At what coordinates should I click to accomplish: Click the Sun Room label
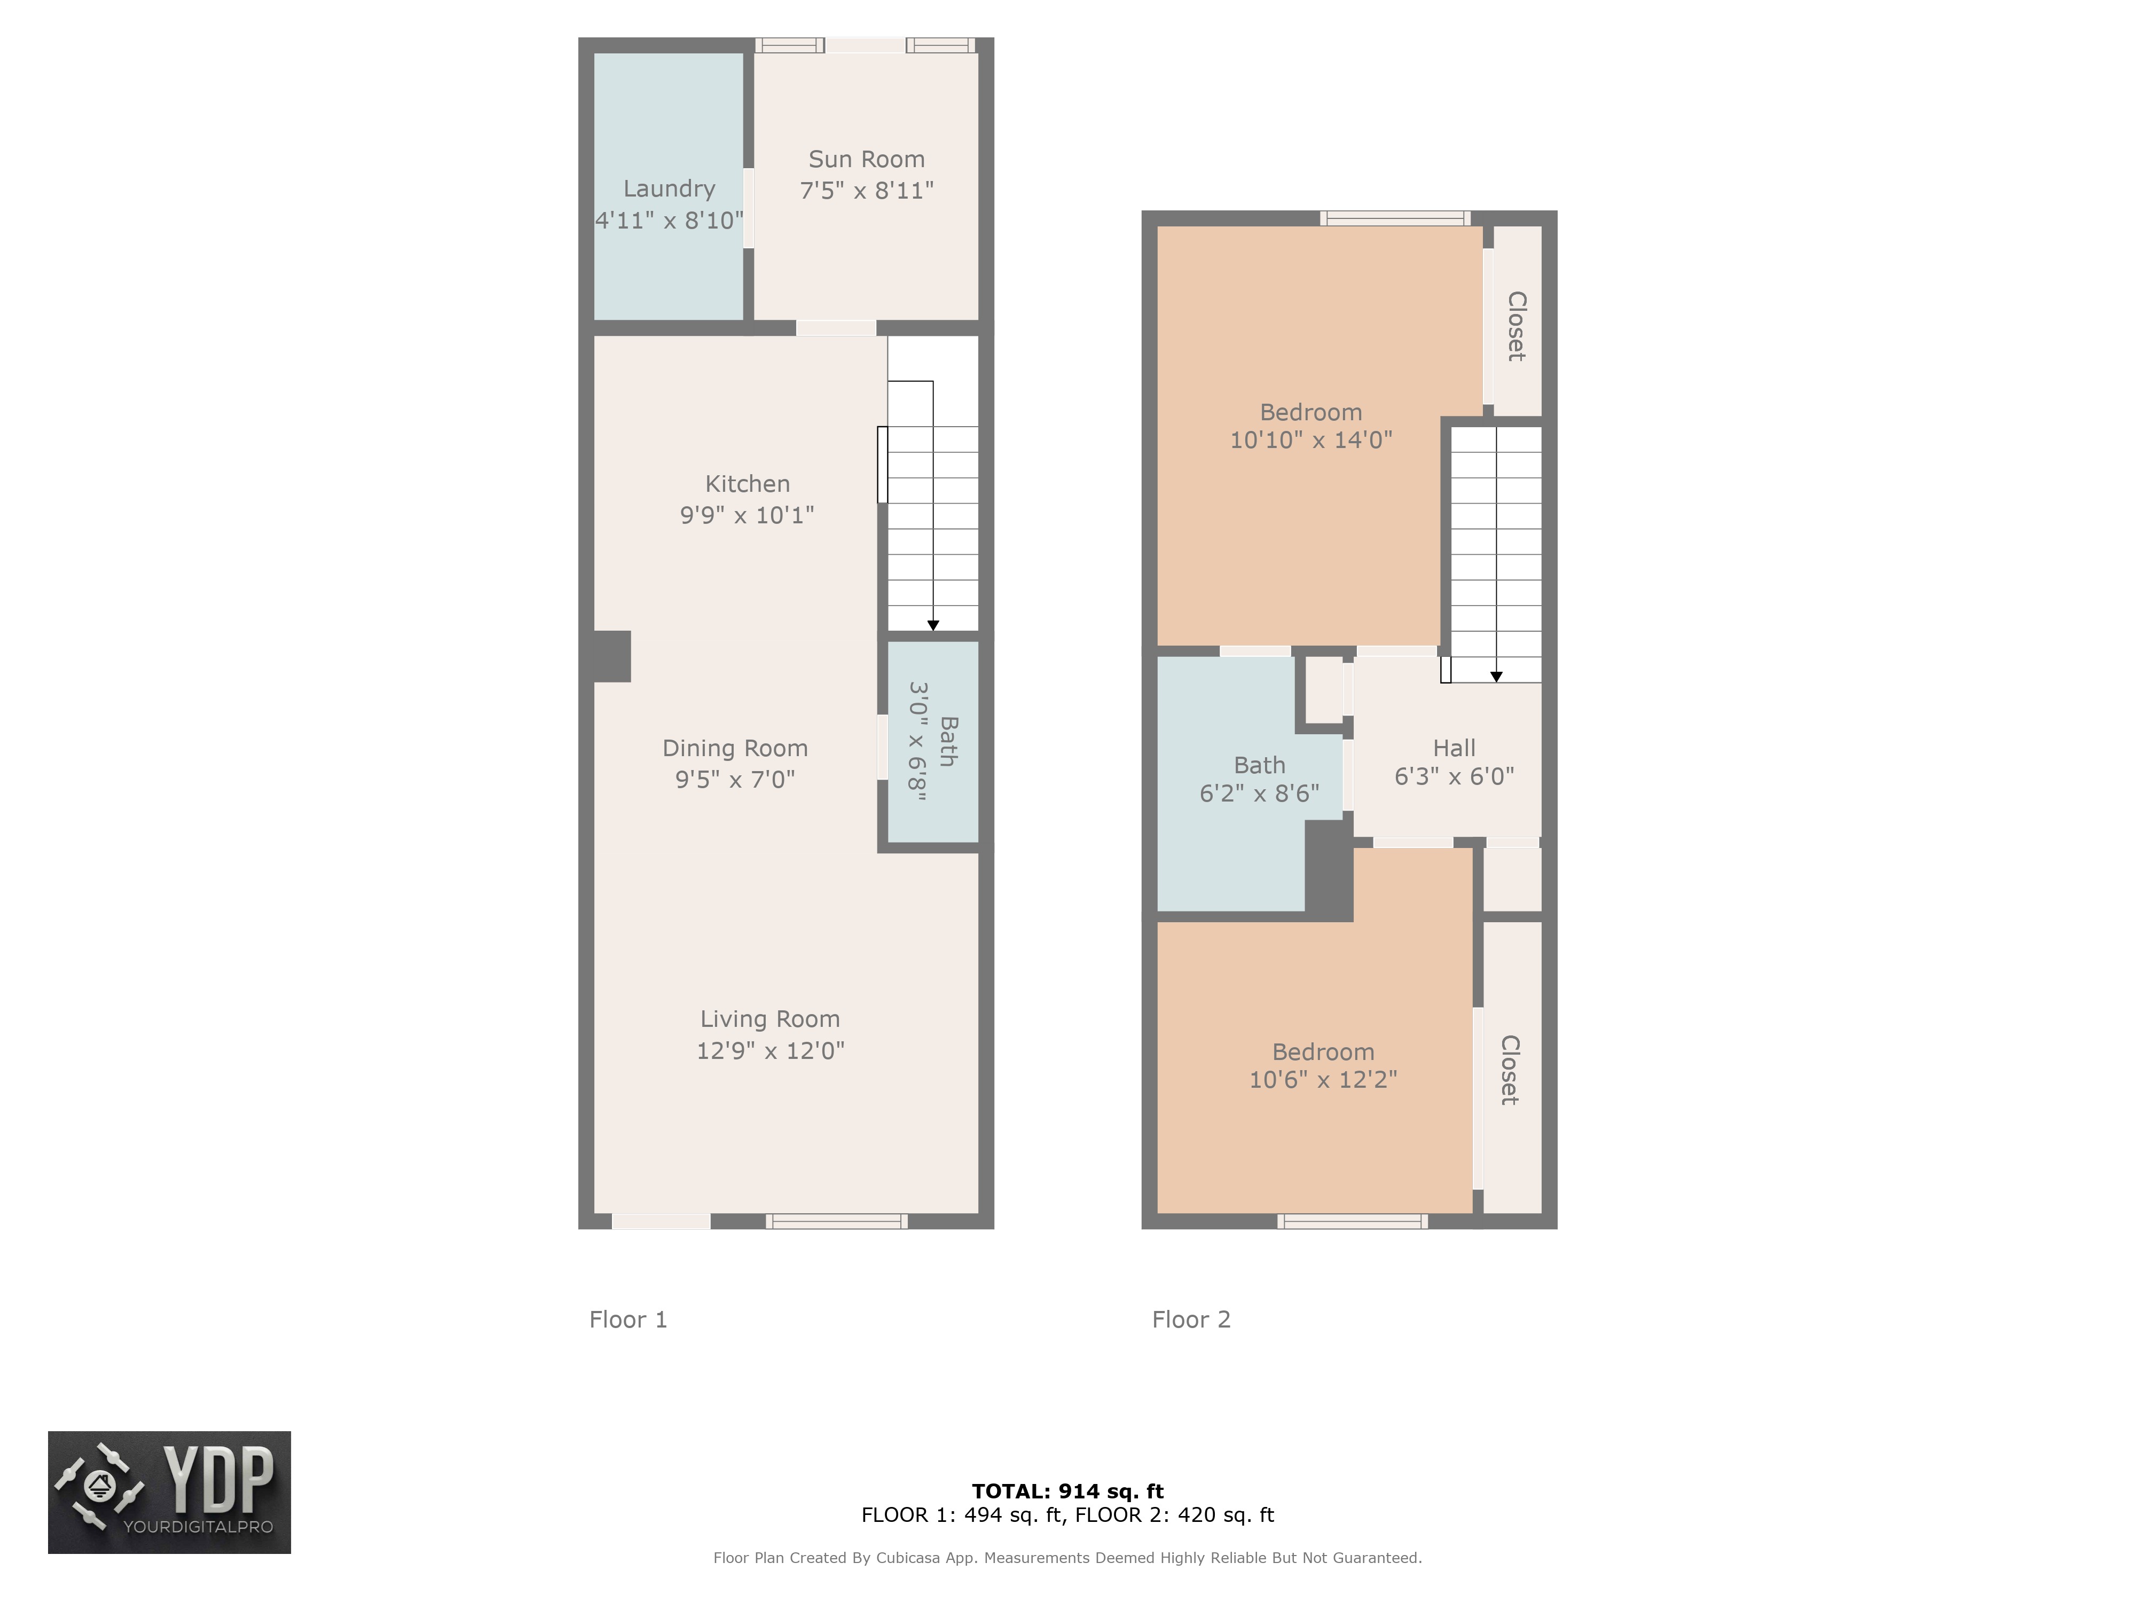point(866,159)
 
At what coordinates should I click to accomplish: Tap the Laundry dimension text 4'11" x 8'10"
point(669,220)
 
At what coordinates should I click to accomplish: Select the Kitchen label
point(748,484)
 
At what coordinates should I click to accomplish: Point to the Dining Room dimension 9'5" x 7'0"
point(735,779)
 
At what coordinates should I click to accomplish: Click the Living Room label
point(769,1019)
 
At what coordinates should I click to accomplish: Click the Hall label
point(1454,748)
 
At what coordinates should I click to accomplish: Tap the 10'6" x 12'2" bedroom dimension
point(1323,1080)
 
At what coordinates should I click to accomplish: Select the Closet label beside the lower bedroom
point(1509,1070)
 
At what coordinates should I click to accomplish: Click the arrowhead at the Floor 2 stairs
point(1496,677)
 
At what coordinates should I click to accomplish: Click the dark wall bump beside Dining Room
point(611,657)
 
